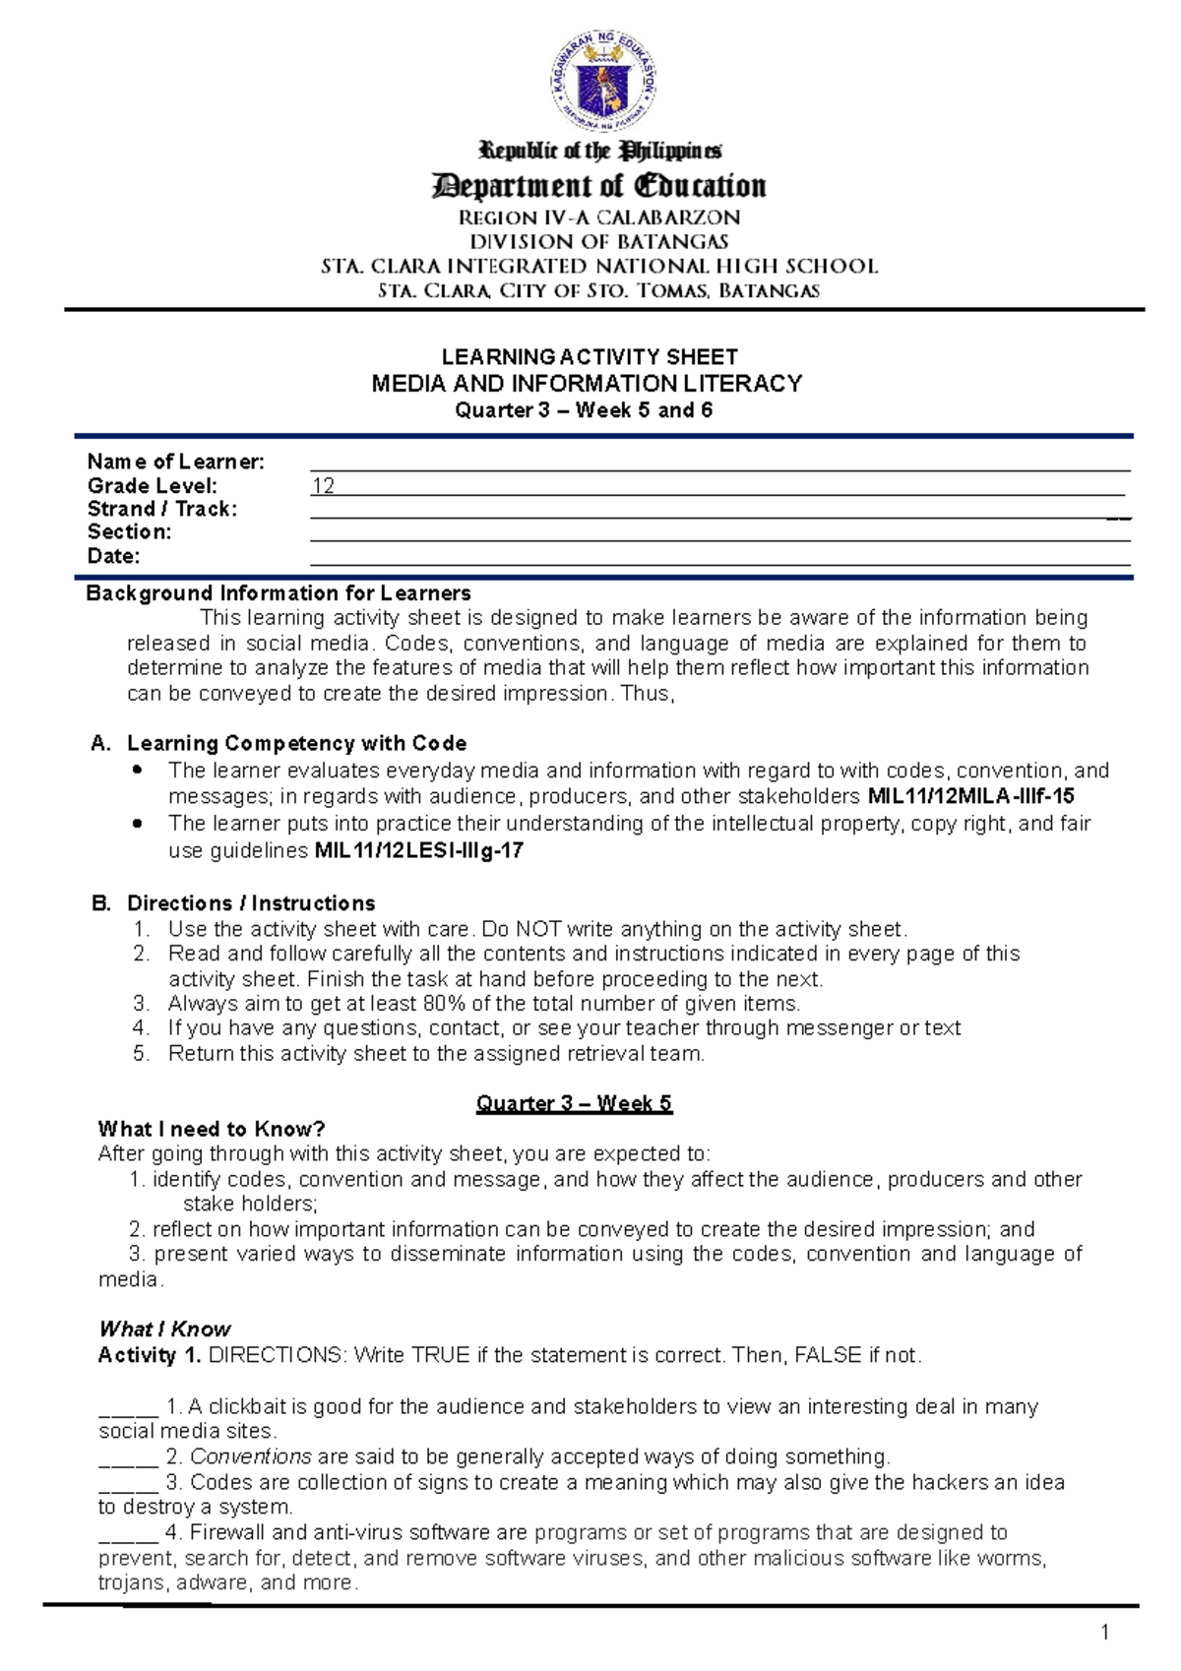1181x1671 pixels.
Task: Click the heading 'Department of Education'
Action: pos(598,185)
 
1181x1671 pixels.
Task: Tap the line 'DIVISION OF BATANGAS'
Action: pos(598,242)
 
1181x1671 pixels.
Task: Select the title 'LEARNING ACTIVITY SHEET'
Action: pos(590,356)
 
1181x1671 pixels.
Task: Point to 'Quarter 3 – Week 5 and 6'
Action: pos(584,410)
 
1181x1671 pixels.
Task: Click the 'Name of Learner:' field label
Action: pos(175,462)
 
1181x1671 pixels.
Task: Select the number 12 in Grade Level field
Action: pos(323,486)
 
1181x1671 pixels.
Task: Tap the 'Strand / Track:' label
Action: pos(162,509)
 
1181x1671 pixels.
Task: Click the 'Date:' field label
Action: pos(113,556)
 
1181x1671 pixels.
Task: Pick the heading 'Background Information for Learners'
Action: pos(279,593)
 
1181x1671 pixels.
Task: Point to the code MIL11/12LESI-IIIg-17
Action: pos(418,850)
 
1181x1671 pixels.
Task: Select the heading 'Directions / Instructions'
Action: pos(251,903)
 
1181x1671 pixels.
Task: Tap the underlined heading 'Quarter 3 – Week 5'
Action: pos(574,1103)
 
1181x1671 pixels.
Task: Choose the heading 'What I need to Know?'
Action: pos(212,1129)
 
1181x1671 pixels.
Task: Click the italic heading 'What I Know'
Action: pos(165,1329)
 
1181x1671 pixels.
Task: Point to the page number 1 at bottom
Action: pos(1104,1634)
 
